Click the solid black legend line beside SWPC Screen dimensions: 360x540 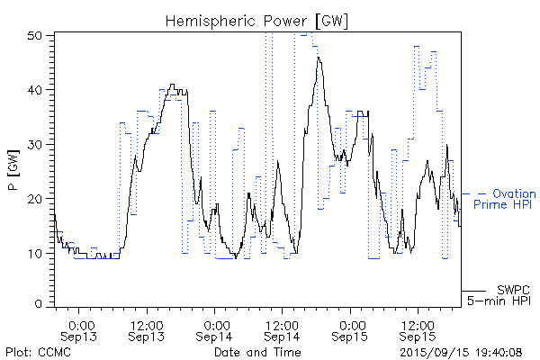click(474, 291)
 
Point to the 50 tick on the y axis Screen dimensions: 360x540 click(38, 36)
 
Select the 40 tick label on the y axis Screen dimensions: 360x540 click(38, 90)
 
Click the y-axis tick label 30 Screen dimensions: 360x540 click(38, 144)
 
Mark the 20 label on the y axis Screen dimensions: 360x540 click(38, 198)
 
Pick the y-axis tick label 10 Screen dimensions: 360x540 click(38, 253)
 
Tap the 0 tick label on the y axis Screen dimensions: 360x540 click(40, 305)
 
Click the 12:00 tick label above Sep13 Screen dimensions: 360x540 click(147, 323)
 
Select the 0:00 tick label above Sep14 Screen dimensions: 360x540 click(215, 323)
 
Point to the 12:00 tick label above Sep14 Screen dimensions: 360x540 click(283, 323)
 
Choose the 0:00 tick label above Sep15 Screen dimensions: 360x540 click(351, 323)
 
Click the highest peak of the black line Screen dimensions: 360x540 click(318, 57)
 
